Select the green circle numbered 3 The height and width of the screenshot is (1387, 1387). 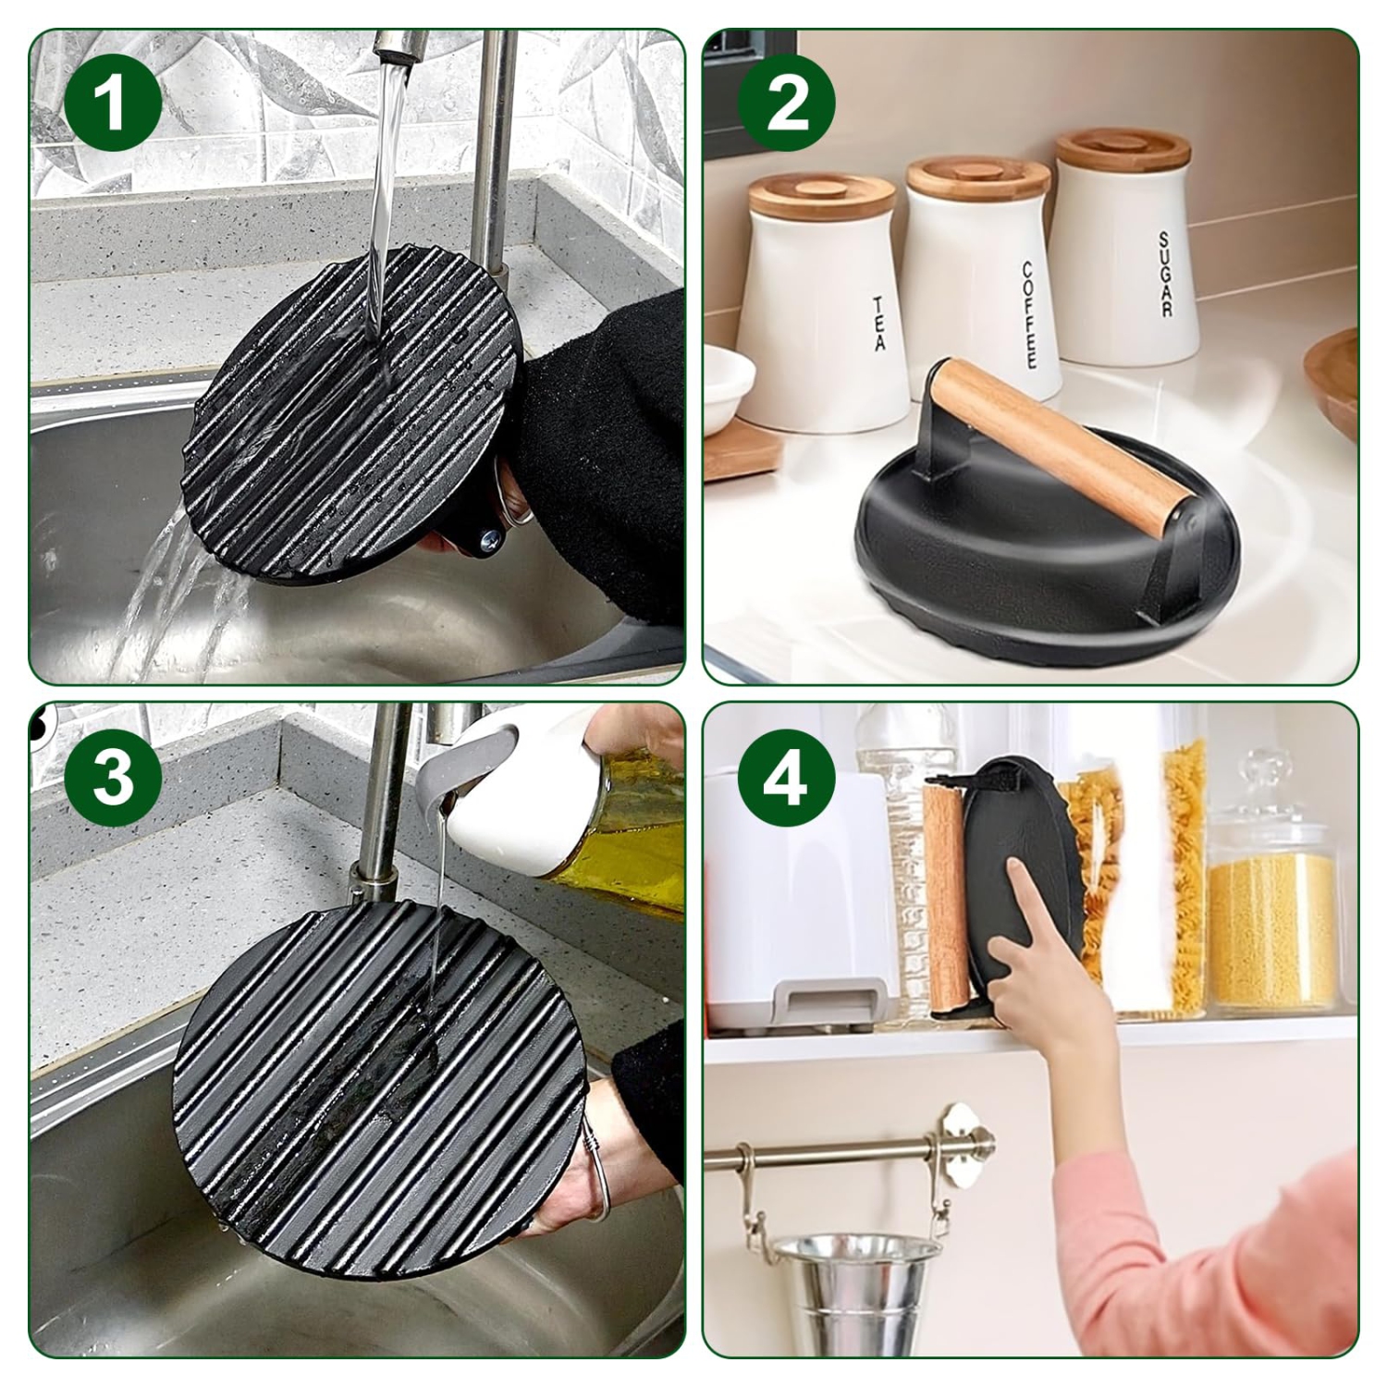113,779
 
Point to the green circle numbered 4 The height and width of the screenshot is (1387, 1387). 786,779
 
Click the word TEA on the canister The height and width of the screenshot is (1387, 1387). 878,324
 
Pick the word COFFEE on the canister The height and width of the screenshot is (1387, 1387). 1029,314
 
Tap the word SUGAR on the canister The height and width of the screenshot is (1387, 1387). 1166,275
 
